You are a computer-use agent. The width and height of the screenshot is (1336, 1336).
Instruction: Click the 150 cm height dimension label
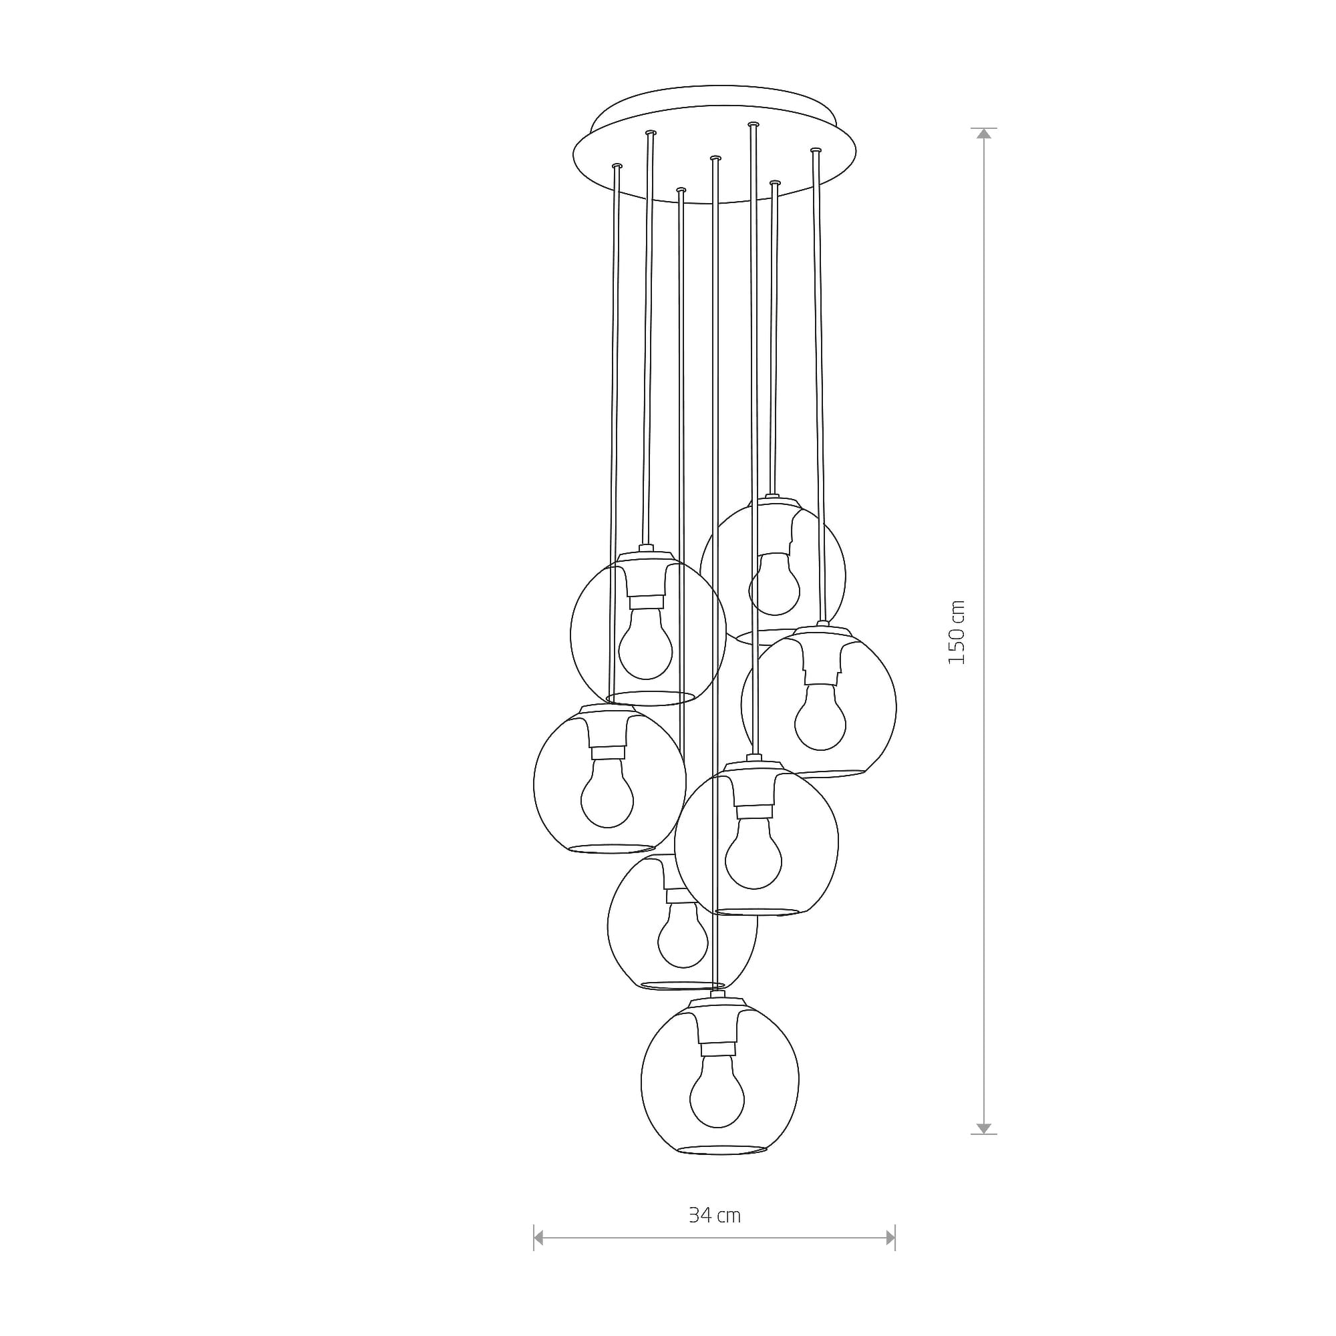956,632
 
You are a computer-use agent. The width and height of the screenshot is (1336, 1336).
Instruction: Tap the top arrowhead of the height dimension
983,134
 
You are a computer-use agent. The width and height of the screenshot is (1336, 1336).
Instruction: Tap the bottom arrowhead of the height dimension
983,1128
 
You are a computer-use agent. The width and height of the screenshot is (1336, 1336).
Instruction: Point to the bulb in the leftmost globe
607,792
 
